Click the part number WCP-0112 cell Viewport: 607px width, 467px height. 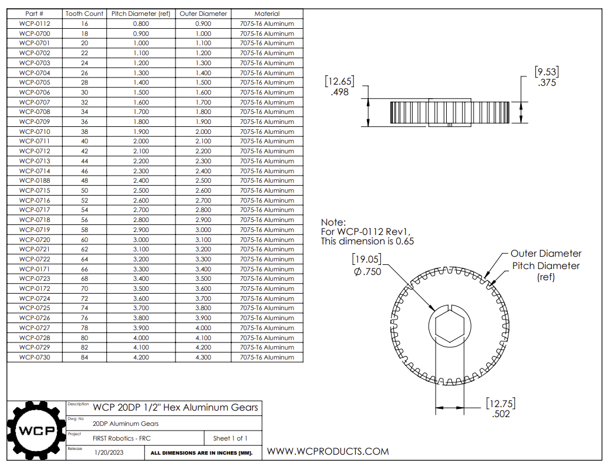(x=35, y=23)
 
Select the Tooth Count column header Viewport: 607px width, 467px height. (x=85, y=14)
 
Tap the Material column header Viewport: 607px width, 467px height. (x=267, y=14)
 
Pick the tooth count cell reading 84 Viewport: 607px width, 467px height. (x=85, y=357)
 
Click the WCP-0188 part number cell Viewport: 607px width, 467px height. (x=35, y=180)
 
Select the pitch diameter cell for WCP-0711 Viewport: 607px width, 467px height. (x=141, y=141)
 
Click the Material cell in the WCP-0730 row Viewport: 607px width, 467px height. (x=267, y=357)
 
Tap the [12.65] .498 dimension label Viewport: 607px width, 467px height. (x=340, y=87)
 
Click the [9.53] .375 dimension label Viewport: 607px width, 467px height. (x=547, y=77)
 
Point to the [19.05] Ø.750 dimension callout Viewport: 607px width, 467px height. (x=367, y=266)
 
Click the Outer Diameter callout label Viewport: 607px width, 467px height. (x=545, y=254)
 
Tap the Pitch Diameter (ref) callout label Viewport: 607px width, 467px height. (x=546, y=271)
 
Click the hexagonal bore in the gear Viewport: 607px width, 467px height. (x=451, y=327)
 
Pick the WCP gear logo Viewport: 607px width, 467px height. (x=35, y=431)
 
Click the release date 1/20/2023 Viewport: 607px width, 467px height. (x=110, y=453)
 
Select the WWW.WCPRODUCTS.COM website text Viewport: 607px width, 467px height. (x=328, y=451)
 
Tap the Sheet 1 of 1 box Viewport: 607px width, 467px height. (x=230, y=438)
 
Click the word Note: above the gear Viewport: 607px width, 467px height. (x=333, y=223)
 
